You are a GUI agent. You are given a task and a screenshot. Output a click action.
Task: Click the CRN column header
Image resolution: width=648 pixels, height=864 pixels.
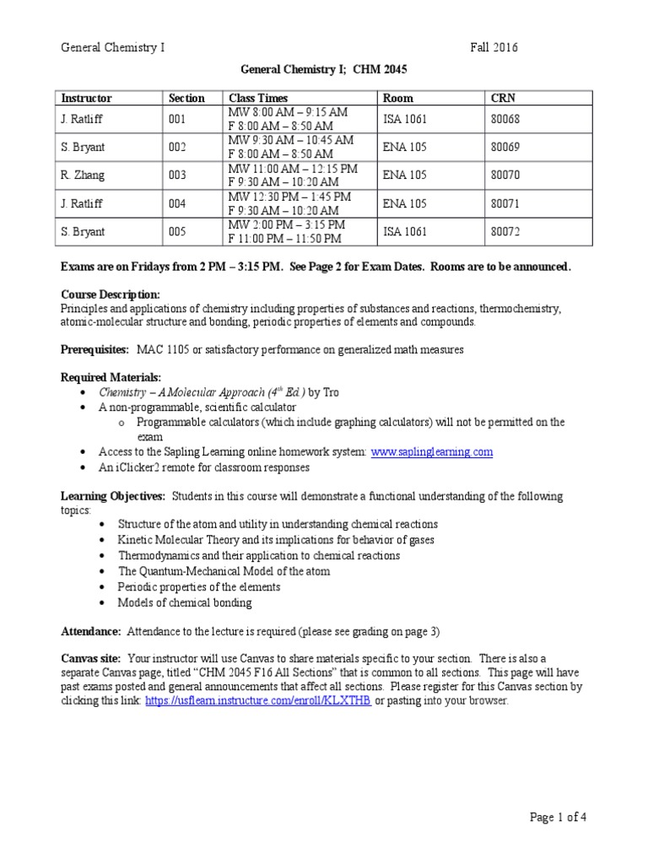click(503, 98)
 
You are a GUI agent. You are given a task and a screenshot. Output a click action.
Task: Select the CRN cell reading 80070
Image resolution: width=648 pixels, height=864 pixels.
click(505, 175)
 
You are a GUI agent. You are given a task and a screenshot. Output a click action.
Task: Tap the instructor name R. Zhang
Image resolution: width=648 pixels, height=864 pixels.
click(83, 175)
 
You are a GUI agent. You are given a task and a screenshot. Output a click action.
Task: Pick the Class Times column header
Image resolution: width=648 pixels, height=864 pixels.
click(256, 98)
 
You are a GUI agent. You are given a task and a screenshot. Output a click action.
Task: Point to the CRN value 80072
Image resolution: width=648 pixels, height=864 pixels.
click(505, 231)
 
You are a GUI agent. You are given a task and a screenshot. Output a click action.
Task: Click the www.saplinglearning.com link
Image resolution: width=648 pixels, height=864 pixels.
click(431, 452)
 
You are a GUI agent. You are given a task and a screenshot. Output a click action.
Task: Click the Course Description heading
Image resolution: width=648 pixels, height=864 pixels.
click(111, 294)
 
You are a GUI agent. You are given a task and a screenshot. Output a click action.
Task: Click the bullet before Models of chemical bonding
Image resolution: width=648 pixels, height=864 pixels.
click(102, 603)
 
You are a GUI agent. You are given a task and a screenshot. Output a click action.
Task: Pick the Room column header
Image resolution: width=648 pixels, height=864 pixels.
click(398, 98)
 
